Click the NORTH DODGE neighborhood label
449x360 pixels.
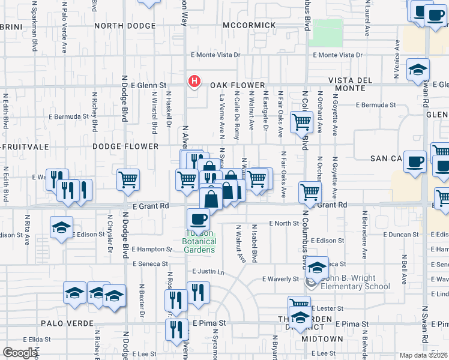pos(125,25)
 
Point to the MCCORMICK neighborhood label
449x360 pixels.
pos(249,25)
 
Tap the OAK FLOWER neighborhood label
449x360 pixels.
pos(237,86)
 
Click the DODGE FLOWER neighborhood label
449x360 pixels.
pos(125,146)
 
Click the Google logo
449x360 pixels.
pos(20,353)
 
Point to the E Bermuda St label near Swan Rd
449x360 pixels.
pos(376,104)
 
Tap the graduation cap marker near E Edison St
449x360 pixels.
pos(61,227)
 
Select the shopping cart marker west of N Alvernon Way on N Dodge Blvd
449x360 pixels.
pos(128,179)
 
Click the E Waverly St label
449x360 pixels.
pos(280,279)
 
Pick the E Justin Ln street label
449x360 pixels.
pos(208,272)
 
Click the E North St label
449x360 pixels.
pos(284,223)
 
